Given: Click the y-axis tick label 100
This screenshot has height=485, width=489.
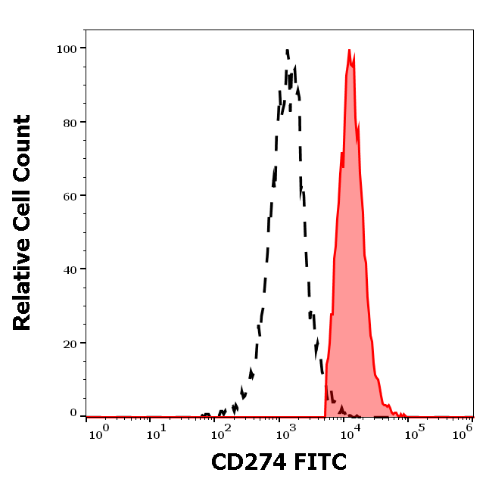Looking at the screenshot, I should (67, 48).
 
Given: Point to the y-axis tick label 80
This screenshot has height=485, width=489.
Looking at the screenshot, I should (70, 122).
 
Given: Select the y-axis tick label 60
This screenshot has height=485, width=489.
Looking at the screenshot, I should (70, 195).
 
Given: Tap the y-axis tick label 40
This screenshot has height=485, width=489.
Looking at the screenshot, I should (70, 269).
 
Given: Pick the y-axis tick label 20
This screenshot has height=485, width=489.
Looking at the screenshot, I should (70, 343).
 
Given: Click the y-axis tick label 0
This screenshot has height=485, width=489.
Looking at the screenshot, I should (73, 413).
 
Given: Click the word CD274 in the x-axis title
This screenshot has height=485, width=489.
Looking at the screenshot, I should (248, 462).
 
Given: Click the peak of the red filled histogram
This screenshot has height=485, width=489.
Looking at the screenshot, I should (349, 50).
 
